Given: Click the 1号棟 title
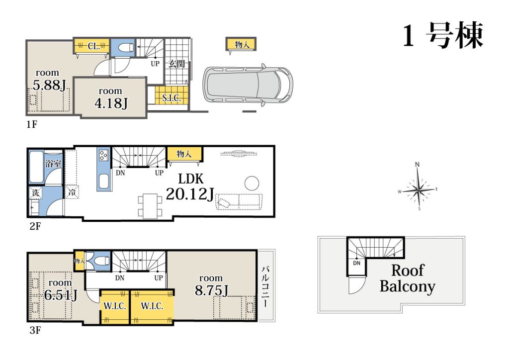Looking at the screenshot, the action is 443,35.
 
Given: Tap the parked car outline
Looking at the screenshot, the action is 248,85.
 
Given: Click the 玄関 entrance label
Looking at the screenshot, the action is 176,64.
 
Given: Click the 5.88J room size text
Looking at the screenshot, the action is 49,85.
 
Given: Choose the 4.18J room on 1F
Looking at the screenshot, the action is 110,97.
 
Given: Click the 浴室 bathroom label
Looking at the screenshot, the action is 53,163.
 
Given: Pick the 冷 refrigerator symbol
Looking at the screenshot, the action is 72,192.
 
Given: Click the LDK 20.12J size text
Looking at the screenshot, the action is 190,194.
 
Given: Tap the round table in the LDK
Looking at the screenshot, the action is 252,183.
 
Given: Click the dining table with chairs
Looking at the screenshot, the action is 150,206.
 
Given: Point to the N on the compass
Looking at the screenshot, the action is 418,164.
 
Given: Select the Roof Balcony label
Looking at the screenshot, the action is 408,278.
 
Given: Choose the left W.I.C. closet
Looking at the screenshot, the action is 115,307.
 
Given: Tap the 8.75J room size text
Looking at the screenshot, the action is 211,290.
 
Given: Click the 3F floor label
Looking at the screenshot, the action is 35,330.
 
